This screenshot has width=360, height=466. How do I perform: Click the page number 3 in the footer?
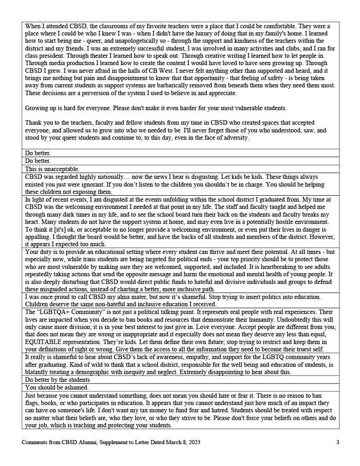point(338,442)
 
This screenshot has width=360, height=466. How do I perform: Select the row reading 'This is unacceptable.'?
point(52,169)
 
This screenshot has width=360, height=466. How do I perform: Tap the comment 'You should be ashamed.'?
point(57,387)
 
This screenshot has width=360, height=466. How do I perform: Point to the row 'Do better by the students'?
point(57,380)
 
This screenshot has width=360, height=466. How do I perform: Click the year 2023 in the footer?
point(193,442)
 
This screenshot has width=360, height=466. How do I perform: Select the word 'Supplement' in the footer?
point(111,442)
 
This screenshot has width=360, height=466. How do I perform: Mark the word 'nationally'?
point(116,177)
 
